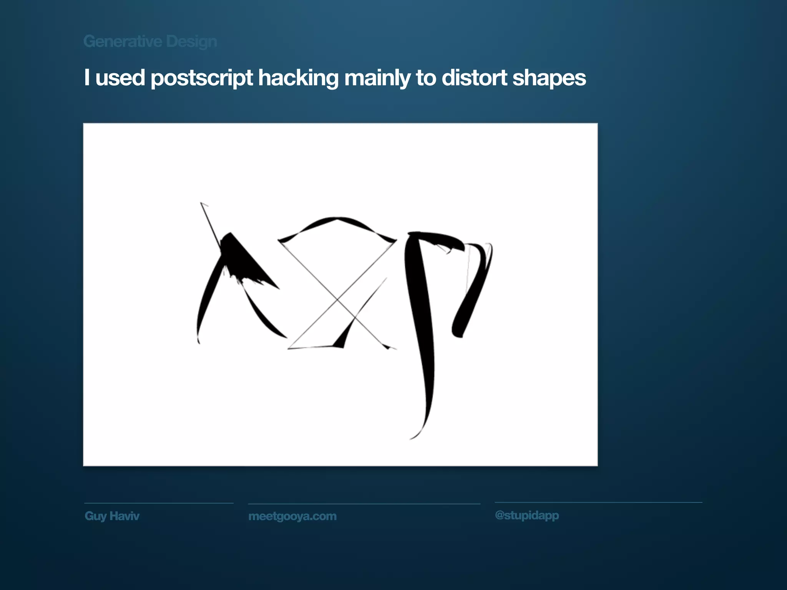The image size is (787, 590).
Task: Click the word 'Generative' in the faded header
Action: tap(123, 41)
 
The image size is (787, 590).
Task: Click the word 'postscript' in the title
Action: tap(201, 78)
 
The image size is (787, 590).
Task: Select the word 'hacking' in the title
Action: tap(298, 78)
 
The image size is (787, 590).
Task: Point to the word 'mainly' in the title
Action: tap(377, 78)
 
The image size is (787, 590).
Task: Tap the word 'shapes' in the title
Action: tap(549, 78)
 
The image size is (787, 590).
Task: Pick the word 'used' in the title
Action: tap(120, 78)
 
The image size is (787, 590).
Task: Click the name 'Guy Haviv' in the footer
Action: tap(112, 516)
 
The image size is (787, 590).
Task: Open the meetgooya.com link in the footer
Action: tap(292, 516)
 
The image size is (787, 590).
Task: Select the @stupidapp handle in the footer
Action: tap(527, 515)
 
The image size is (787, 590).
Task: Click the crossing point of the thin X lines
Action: tap(337, 299)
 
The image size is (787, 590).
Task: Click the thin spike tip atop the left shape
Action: tap(201, 203)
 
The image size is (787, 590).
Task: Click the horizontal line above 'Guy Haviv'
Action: tap(159, 503)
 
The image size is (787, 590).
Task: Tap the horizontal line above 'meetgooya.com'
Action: tap(364, 504)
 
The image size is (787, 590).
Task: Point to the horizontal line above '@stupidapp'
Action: tap(598, 502)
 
